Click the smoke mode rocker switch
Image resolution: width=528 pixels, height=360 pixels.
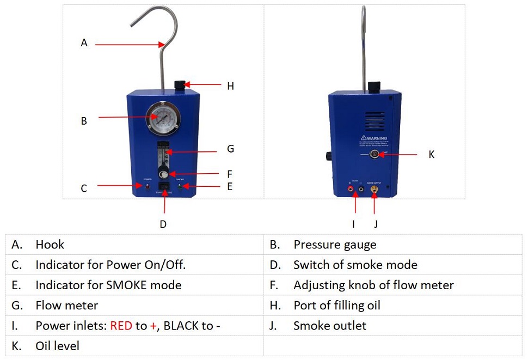click(163, 192)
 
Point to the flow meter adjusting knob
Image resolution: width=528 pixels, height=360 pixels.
click(163, 174)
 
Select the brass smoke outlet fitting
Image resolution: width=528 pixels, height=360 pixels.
click(374, 190)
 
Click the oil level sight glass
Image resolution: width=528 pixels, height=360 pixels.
click(375, 155)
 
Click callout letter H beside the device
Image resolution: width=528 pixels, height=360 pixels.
click(230, 86)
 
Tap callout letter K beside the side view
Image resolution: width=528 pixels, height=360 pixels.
click(432, 155)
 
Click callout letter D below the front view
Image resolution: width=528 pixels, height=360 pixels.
click(163, 224)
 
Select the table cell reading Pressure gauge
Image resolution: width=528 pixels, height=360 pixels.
click(335, 245)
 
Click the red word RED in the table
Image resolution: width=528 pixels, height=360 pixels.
click(121, 326)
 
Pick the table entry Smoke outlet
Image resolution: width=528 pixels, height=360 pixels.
click(330, 326)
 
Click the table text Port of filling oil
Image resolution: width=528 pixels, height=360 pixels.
click(337, 306)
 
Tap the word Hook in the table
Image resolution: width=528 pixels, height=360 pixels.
click(50, 245)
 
